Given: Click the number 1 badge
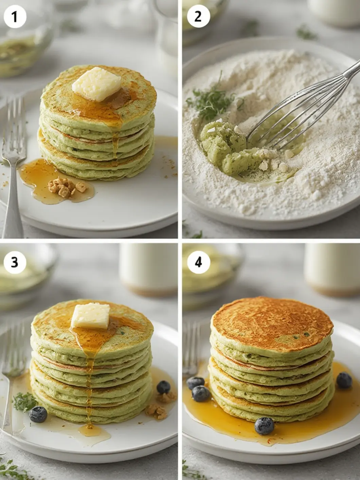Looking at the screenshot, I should pyautogui.click(x=15, y=17).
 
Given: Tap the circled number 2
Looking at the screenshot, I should pyautogui.click(x=198, y=17).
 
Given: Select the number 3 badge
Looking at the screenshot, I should pyautogui.click(x=15, y=262).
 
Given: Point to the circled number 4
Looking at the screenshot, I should pyautogui.click(x=198, y=262).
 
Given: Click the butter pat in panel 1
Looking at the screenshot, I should pyautogui.click(x=97, y=84).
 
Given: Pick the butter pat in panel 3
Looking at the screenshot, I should pyautogui.click(x=91, y=316).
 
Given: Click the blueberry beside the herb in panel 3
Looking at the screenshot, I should pyautogui.click(x=38, y=414).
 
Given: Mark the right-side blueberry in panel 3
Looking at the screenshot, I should pyautogui.click(x=163, y=387).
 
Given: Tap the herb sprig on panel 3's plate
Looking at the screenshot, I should pyautogui.click(x=24, y=402).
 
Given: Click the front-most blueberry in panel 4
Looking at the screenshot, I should pyautogui.click(x=264, y=425).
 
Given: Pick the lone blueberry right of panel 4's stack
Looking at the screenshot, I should pyautogui.click(x=344, y=380).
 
